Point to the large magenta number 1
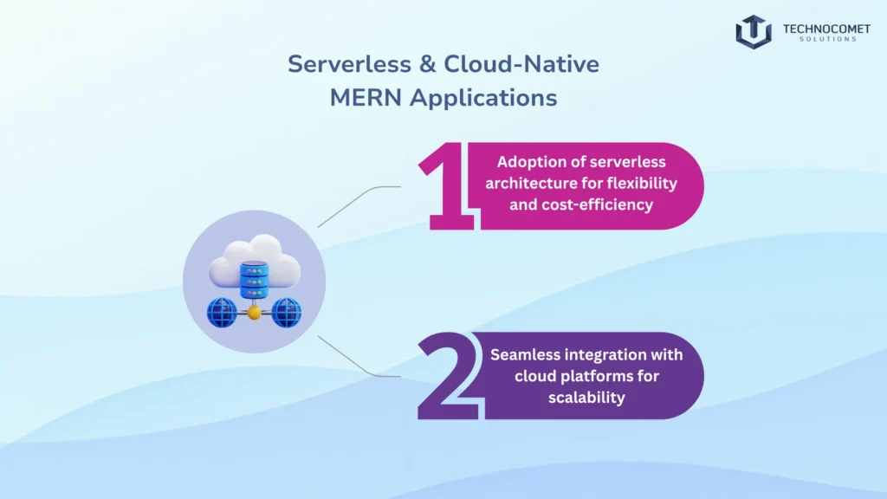tap(447, 186)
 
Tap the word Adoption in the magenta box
tap(528, 162)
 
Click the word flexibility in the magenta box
tap(640, 185)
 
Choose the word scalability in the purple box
tap(586, 398)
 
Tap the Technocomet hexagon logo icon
tap(753, 31)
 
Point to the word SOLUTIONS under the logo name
tap(826, 40)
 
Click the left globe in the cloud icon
tap(222, 313)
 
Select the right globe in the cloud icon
tap(286, 313)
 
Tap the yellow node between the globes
tap(254, 314)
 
